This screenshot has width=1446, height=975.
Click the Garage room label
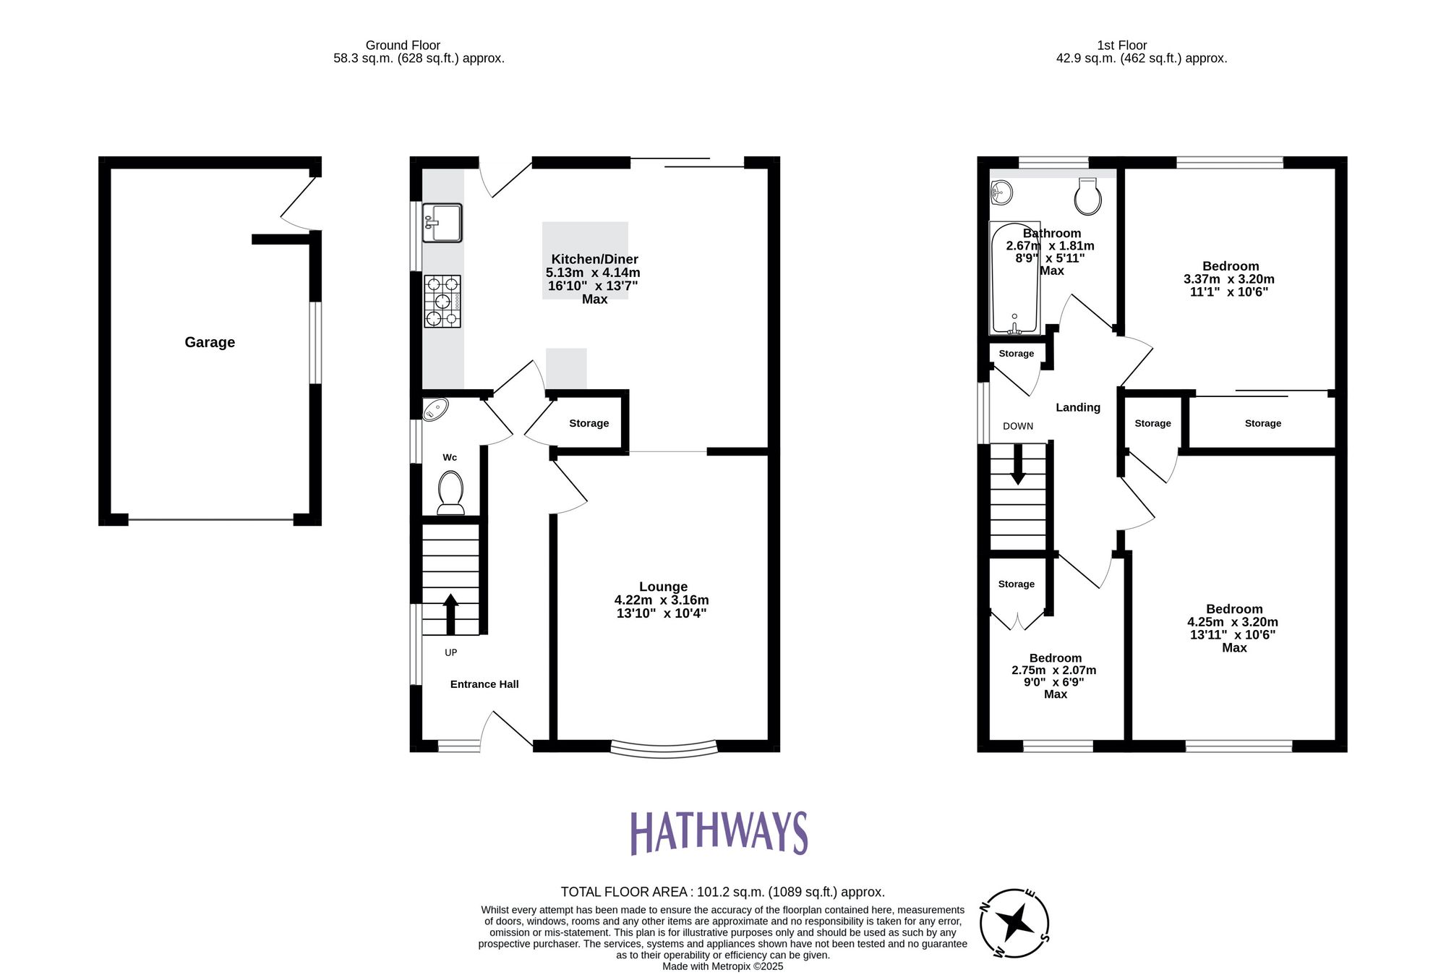point(210,342)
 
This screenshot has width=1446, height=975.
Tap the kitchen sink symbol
point(442,223)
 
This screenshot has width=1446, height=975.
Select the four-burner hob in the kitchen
point(442,302)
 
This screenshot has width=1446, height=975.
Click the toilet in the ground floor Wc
point(450,492)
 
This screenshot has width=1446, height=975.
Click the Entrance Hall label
point(484,684)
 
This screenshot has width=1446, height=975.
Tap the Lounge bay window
point(664,749)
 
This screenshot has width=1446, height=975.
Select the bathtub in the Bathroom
point(1014,278)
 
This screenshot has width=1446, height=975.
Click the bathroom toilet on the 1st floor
point(1087,197)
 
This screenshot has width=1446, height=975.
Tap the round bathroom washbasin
point(1001,192)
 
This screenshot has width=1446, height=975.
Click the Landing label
point(1078,407)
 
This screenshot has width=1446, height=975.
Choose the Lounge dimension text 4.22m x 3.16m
point(662,600)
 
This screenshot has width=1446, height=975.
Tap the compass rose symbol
point(1014,923)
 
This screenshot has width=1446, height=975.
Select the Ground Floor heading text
point(403,45)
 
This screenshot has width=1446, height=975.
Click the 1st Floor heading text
point(1122,45)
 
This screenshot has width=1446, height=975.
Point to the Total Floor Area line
point(722,892)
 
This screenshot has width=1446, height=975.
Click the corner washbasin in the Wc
point(435,410)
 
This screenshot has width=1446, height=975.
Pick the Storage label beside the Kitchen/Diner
point(589,423)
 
